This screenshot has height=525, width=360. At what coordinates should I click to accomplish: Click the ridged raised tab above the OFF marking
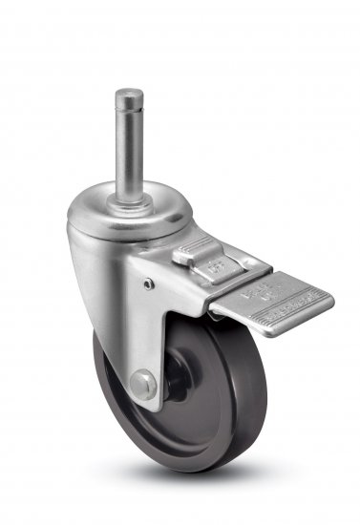click(193, 256)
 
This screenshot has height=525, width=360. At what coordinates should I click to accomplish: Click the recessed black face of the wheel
click(191, 401)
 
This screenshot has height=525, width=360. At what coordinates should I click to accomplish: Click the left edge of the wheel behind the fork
click(98, 382)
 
